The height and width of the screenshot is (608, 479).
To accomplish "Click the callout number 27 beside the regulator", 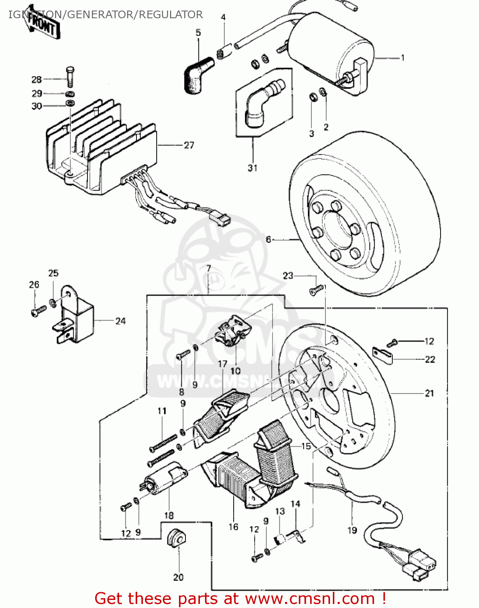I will pos(189,145).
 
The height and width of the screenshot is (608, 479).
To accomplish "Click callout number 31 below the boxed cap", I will pos(252,168).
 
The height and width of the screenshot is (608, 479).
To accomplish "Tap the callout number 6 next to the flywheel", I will pos(268,240).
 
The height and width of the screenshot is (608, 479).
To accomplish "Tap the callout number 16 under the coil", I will pos(234,527).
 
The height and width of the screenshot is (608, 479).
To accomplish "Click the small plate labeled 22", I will pos(383,355).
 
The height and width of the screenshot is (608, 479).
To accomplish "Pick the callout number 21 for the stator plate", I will pos(429,393).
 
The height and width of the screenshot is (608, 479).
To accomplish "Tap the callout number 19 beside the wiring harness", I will pos(352,530).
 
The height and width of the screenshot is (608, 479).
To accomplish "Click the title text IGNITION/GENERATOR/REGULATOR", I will pos(105,15).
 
